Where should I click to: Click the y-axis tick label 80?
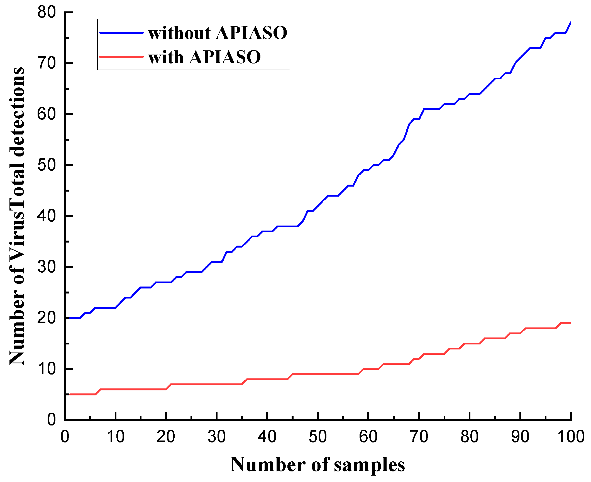click(47, 12)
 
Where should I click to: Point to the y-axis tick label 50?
click(47, 165)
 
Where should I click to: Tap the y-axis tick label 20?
click(47, 318)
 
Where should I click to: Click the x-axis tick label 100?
click(571, 436)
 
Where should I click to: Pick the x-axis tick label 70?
click(419, 436)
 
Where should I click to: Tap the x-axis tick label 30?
click(216, 436)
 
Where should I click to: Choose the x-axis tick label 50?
click(318, 436)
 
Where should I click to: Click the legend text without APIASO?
click(218, 33)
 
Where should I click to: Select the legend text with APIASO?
click(204, 57)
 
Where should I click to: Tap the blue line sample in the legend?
click(121, 33)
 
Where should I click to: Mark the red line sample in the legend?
click(121, 57)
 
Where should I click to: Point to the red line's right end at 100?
click(570, 323)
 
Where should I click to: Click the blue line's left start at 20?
click(70, 318)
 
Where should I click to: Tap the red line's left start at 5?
click(70, 394)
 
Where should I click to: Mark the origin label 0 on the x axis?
click(65, 436)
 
